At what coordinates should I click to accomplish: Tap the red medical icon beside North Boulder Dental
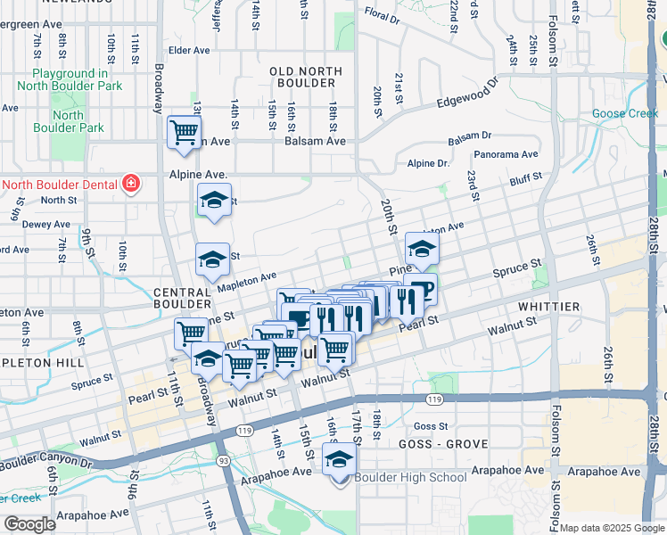pos(132,185)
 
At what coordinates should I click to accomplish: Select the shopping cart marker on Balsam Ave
pos(185,133)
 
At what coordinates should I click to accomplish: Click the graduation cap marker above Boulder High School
pos(339,461)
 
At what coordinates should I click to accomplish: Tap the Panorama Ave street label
pos(506,154)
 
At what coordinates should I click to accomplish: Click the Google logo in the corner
pos(30,524)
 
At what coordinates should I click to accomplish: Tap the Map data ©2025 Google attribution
pos(611,528)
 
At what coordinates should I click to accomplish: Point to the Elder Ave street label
pos(187,51)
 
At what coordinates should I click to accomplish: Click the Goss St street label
pos(430,427)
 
